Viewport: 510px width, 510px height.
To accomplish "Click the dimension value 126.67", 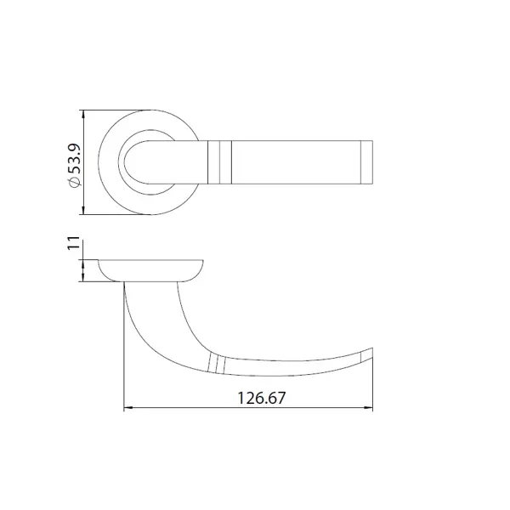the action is pos(262,398).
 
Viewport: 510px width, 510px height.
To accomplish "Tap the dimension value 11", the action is pos(73,243).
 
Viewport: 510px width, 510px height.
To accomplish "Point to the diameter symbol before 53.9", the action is pos(74,183).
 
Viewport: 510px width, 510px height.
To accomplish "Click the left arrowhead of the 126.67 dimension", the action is pos(128,407).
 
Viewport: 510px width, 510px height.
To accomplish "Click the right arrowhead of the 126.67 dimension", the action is pos(368,407).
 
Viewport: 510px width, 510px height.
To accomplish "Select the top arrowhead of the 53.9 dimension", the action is pos(84,115).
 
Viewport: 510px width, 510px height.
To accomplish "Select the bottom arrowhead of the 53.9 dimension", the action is pos(84,210).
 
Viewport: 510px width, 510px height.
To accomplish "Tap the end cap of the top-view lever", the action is pos(366,162).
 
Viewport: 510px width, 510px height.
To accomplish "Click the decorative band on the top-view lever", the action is pos(219,162).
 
